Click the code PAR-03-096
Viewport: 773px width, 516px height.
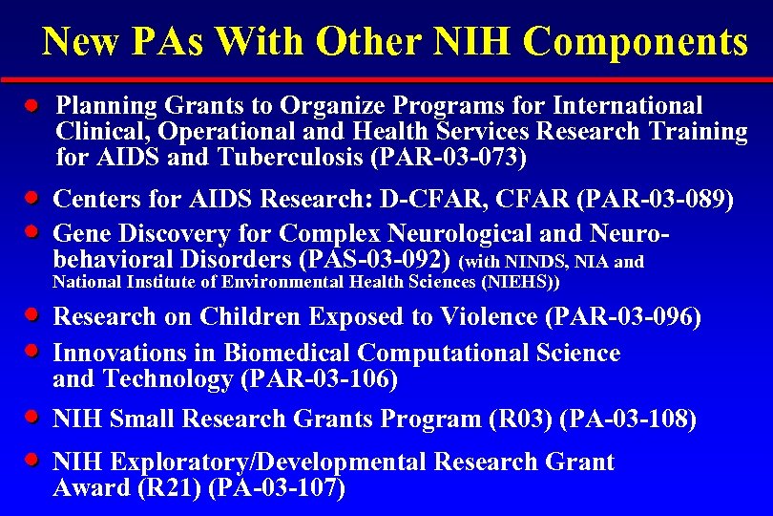click(630, 316)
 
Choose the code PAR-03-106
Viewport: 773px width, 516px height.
click(320, 379)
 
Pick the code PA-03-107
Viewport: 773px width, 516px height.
click(276, 489)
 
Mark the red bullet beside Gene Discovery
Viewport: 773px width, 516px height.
click(31, 230)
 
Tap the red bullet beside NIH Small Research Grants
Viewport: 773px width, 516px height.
click(31, 417)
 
